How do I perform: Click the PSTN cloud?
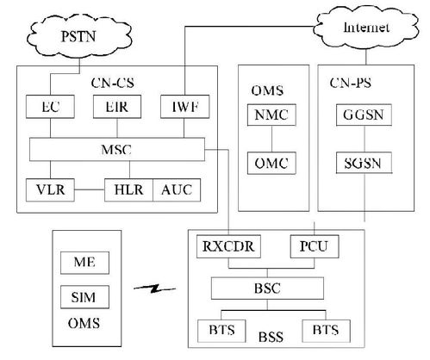(x=79, y=36)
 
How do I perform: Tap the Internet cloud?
(x=365, y=28)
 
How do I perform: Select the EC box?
(x=50, y=107)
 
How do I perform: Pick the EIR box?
(x=117, y=107)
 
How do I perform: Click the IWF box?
(x=185, y=107)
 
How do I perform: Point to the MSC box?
(x=117, y=149)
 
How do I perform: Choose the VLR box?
(x=50, y=189)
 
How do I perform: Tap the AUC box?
(x=177, y=189)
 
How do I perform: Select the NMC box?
(x=271, y=115)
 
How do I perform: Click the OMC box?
(x=271, y=163)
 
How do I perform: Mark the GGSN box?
(x=364, y=115)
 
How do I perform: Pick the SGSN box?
(x=364, y=163)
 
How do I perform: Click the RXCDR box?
(x=228, y=246)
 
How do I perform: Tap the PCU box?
(x=315, y=246)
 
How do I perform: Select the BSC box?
(x=267, y=289)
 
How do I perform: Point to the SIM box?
(x=84, y=297)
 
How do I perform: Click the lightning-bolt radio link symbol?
(x=155, y=289)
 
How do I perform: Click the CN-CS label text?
(x=113, y=83)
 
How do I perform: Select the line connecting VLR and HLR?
(x=90, y=189)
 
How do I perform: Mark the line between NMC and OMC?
(x=271, y=139)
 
